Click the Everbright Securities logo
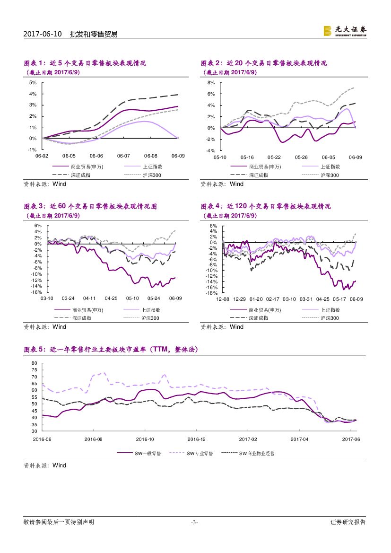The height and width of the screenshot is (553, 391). [344, 31]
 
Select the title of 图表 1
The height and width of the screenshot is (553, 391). [85, 63]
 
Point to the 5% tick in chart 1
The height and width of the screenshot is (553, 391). [33, 82]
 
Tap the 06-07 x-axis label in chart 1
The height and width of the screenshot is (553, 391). [123, 156]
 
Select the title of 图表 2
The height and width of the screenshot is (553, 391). [264, 63]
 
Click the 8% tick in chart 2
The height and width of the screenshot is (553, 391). [211, 82]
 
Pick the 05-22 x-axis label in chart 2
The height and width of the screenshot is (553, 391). [274, 157]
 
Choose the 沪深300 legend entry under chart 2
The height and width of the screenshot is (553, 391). [330, 175]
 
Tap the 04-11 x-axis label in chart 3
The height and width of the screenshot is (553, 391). [89, 298]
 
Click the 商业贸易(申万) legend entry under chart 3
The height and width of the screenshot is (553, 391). [87, 310]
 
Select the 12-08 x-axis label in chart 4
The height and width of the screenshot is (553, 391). [223, 299]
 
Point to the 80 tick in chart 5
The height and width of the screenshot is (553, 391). [34, 363]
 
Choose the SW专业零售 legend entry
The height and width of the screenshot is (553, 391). [200, 453]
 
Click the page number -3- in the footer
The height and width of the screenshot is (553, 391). [194, 522]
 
